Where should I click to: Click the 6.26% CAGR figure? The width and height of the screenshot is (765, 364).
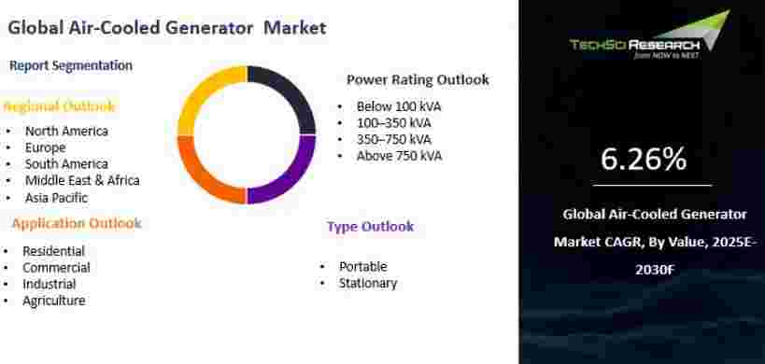pos(644,159)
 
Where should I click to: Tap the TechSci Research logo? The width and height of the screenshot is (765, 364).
pos(649,35)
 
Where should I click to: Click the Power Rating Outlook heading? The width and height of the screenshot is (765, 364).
pos(418,80)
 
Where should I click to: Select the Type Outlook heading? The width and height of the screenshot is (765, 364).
pos(370,227)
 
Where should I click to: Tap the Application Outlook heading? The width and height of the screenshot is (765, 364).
pos(77,224)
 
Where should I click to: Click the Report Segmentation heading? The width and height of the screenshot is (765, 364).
pos(71,65)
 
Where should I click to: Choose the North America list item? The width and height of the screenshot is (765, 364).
pos(66,131)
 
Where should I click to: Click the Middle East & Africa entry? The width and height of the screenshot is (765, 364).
pos(82,180)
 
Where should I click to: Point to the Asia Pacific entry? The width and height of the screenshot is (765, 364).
pos(57,198)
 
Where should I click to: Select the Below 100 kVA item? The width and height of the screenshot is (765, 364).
pos(399,106)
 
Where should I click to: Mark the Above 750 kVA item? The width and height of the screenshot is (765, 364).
pos(399,156)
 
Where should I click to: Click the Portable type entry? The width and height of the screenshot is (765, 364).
pos(363,267)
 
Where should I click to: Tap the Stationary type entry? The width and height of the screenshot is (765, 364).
pos(368,283)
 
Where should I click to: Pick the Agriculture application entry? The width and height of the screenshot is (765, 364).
pos(53,301)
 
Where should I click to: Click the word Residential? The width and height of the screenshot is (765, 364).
pos(53,251)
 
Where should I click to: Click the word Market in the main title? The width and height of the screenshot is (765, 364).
pos(295,27)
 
